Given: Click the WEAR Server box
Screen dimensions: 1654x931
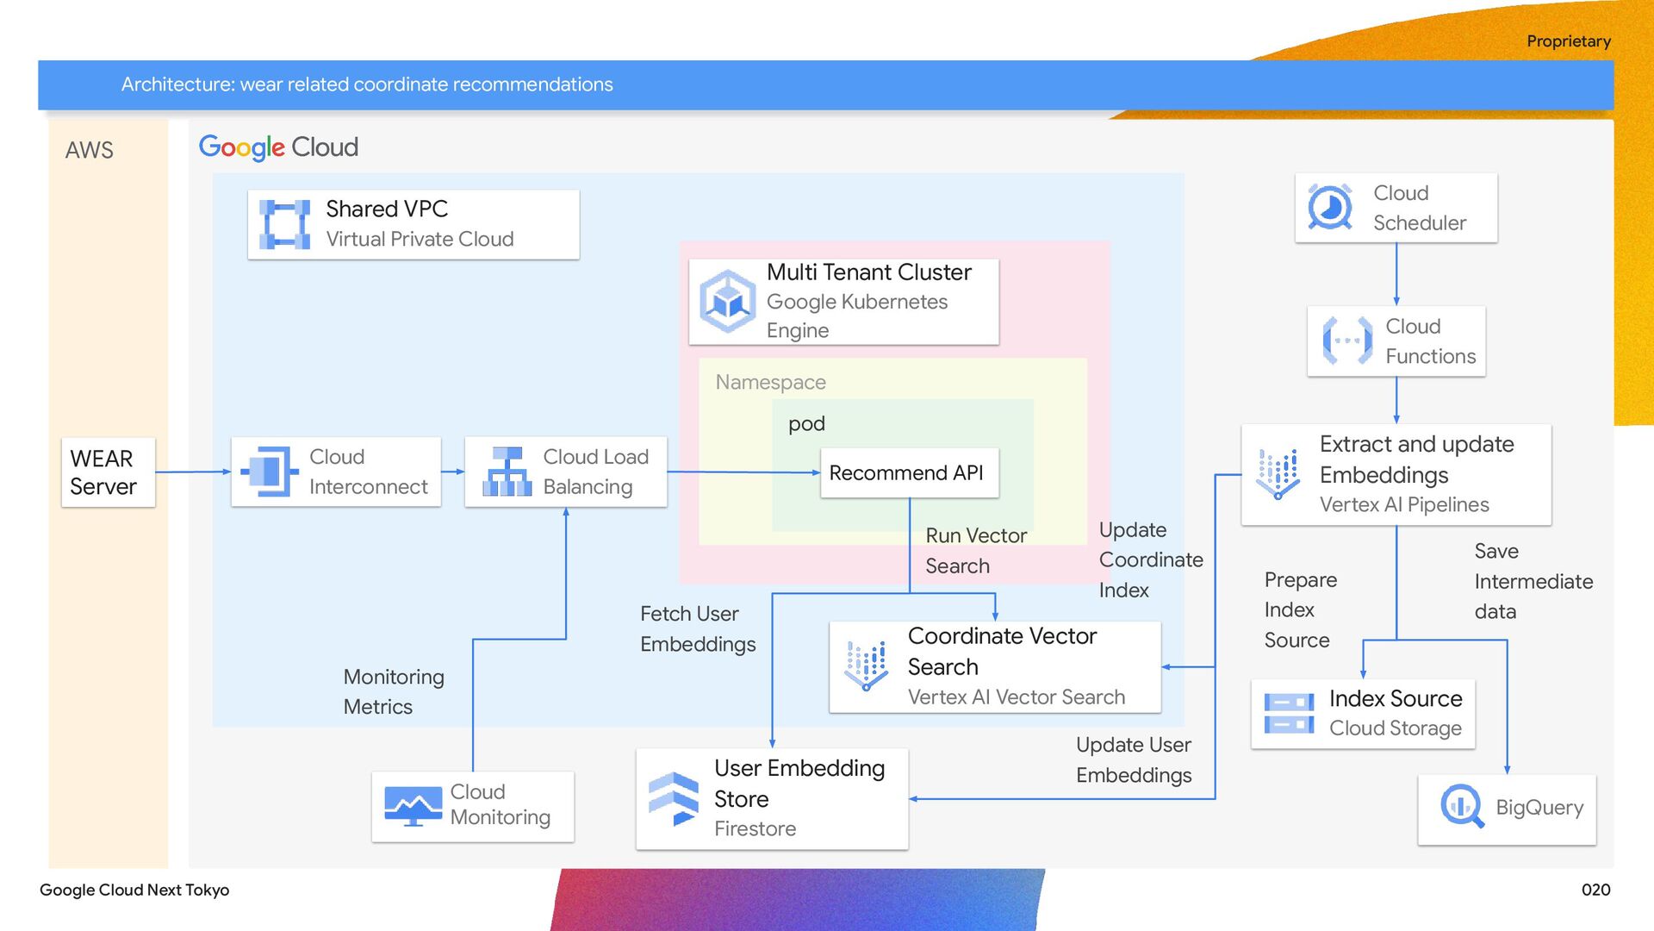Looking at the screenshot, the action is click(x=108, y=472).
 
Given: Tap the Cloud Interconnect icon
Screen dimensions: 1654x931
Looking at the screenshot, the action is click(x=270, y=472).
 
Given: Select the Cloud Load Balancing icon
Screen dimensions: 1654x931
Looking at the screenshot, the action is click(x=507, y=472).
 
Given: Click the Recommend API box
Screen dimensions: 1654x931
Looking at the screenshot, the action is click(x=910, y=472).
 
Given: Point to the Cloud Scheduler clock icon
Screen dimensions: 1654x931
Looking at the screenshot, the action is click(x=1330, y=207).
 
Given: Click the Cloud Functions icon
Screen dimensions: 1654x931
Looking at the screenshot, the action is click(x=1347, y=341).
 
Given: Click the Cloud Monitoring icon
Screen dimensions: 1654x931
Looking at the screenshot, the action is click(x=413, y=806).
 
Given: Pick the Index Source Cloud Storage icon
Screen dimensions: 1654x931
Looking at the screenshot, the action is click(x=1289, y=714).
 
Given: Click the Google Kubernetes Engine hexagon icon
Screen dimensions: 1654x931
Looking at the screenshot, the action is click(x=728, y=302).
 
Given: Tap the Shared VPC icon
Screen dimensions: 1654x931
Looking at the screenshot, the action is click(x=285, y=224).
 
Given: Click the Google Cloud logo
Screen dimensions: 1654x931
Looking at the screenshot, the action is click(x=278, y=147).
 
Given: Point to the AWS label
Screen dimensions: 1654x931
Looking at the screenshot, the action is click(x=90, y=150).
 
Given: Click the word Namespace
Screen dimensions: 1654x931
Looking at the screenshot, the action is click(x=771, y=382).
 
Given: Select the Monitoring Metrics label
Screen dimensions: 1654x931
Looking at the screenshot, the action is click(x=394, y=691).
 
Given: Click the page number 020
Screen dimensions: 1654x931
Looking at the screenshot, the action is click(x=1596, y=890).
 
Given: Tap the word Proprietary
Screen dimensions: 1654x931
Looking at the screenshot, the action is click(x=1569, y=41).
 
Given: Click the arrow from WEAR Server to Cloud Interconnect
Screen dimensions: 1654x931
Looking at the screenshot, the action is click(x=193, y=472).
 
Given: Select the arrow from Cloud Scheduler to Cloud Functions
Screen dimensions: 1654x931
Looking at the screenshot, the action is click(x=1396, y=274).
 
